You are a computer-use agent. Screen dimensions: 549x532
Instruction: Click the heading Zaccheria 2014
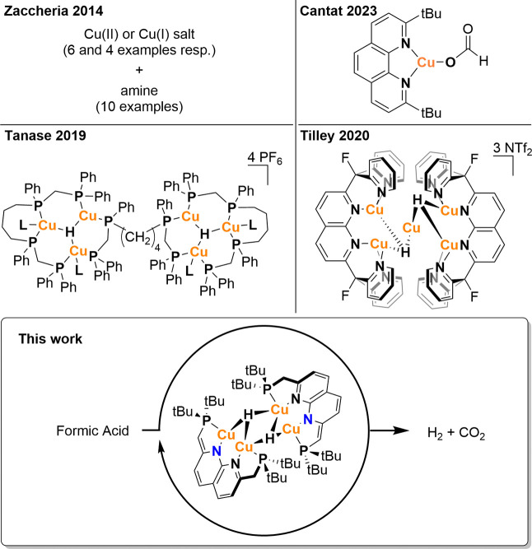(x=58, y=10)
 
